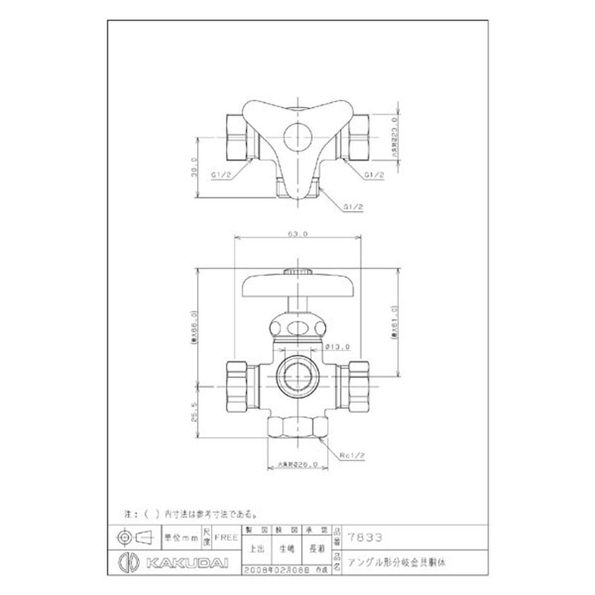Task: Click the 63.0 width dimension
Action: (x=297, y=234)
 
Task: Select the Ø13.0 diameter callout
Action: (x=337, y=347)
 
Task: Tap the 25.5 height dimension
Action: (x=194, y=411)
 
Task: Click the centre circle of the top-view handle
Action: (x=297, y=135)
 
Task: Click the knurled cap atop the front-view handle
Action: (x=297, y=271)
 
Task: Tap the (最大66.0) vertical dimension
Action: (x=194, y=328)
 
